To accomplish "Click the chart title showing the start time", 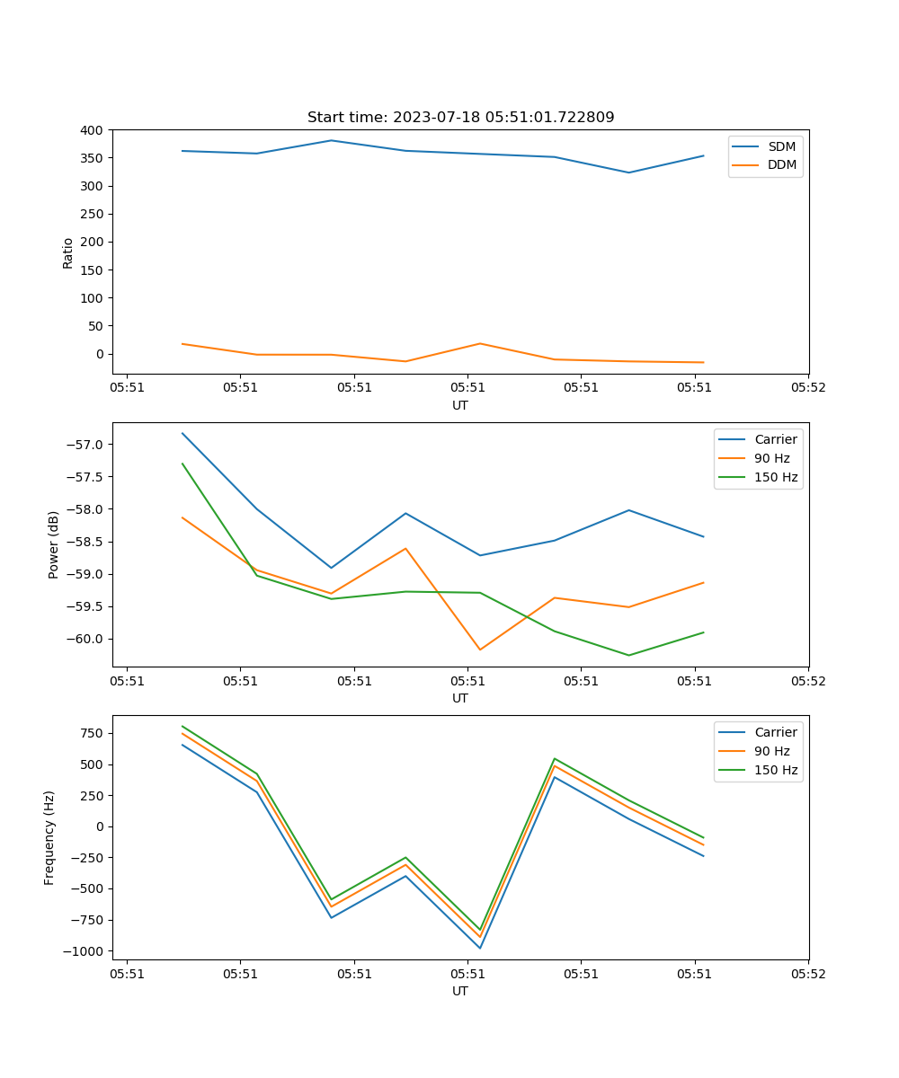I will (x=460, y=118).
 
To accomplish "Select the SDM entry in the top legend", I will (x=781, y=146).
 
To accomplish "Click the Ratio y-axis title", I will (x=68, y=252).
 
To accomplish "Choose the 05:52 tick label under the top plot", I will (x=807, y=389).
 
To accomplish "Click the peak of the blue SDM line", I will (x=331, y=140).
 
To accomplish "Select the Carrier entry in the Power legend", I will (x=775, y=439).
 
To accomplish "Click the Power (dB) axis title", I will (x=54, y=544).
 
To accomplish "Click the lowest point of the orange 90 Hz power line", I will (x=479, y=649).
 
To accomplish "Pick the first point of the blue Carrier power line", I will (x=182, y=433).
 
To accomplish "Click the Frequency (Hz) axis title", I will (x=49, y=837).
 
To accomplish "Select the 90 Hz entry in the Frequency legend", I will (x=771, y=751).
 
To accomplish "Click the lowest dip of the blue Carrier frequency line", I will (x=480, y=948).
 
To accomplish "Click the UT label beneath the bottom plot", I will (x=460, y=991).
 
